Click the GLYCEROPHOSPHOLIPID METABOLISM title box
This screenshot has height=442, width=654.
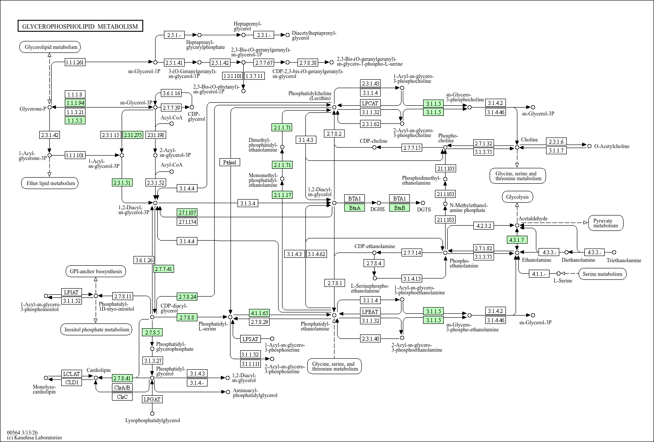click(80, 26)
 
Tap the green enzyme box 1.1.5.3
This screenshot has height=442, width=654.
click(75, 120)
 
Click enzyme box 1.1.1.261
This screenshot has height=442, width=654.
click(75, 62)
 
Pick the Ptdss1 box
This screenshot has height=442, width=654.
click(230, 162)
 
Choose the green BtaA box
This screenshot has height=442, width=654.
click(354, 208)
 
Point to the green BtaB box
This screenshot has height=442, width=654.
click(399, 208)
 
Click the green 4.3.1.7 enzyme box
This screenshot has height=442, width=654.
click(517, 240)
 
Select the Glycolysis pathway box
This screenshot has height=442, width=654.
click(517, 197)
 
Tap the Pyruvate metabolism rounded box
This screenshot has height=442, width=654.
click(606, 223)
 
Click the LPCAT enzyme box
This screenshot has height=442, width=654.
click(370, 103)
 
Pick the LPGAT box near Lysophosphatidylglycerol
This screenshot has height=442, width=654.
click(152, 399)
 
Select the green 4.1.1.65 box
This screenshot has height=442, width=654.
click(259, 313)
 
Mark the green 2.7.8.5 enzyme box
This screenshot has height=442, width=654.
click(152, 332)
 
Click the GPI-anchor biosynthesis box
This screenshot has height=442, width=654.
click(96, 271)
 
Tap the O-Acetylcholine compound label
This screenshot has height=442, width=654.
click(612, 146)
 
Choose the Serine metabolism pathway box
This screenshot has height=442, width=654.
click(602, 274)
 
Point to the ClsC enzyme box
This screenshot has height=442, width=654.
click(122, 397)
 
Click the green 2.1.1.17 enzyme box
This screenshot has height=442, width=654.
click(282, 195)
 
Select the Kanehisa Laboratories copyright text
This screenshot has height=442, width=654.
click(34, 438)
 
